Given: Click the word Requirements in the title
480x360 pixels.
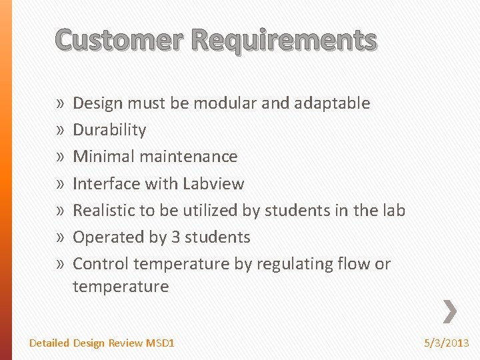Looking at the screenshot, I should coord(283,40).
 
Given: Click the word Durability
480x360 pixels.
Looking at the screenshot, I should coord(109,130).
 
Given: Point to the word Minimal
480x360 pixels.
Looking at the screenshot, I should coord(100,157).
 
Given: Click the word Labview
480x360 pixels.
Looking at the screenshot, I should coord(213,183).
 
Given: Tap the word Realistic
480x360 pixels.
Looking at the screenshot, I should coord(104,210).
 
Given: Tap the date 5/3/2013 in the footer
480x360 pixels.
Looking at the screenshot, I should coord(447,343).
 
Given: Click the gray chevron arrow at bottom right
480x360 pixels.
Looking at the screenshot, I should coord(450,311).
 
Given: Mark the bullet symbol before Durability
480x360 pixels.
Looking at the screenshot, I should coord(61,131).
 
